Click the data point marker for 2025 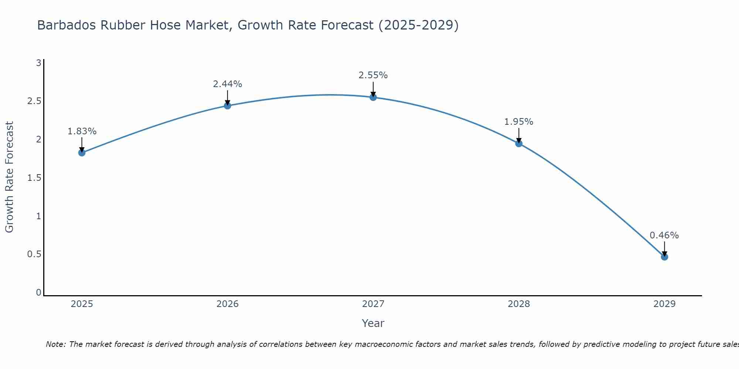(82, 153)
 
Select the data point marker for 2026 (228, 106)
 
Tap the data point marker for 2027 (373, 97)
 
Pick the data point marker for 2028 (519, 144)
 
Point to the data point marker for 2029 (664, 257)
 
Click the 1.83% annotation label (82, 131)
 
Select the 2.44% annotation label (228, 84)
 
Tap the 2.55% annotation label (373, 75)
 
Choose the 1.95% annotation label (519, 122)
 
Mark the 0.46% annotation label (664, 235)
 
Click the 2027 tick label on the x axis (373, 304)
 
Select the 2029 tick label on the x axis (664, 304)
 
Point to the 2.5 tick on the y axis (34, 101)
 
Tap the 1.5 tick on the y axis (34, 178)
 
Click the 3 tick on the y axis (38, 63)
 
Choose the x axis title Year (373, 323)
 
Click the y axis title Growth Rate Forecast (9, 177)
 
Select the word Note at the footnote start (55, 344)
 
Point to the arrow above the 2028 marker (519, 135)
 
